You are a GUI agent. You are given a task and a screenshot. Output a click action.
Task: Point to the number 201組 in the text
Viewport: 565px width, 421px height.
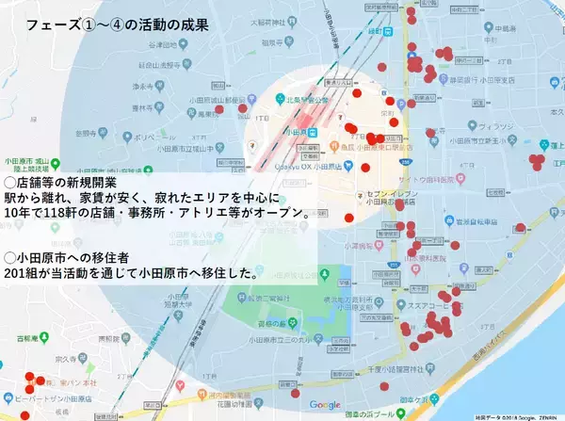tap(24, 274)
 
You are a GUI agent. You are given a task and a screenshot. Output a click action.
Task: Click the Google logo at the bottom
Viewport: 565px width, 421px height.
tap(325, 405)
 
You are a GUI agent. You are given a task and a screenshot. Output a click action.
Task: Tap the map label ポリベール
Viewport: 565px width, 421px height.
tap(151, 136)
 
